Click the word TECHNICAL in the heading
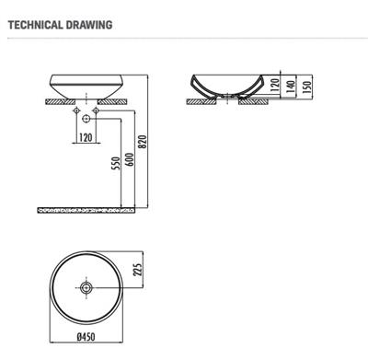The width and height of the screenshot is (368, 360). click(35, 25)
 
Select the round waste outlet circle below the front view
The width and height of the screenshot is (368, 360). click(86, 119)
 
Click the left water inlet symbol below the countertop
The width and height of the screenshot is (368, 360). click(74, 110)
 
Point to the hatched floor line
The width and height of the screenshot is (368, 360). click(86, 211)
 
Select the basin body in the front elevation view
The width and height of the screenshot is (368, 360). click(86, 84)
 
